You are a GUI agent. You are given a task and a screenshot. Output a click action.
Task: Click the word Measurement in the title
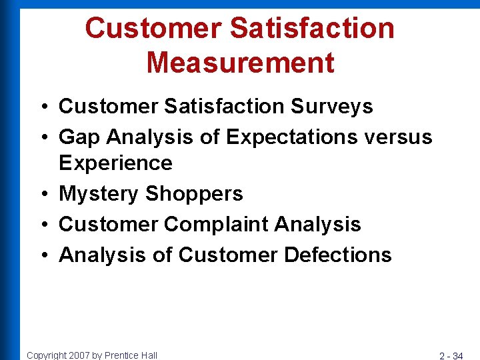point(240,62)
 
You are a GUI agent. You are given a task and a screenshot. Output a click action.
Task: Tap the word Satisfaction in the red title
point(313,28)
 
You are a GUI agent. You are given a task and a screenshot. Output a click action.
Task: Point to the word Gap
point(80,137)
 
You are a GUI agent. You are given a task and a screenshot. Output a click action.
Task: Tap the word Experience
point(115,163)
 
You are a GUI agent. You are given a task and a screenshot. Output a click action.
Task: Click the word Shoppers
point(194,194)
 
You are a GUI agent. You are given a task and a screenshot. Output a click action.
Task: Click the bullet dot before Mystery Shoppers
point(42,195)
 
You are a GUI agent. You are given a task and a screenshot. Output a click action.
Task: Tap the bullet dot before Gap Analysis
point(42,138)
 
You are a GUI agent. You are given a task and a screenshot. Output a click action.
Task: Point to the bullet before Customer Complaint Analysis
point(42,225)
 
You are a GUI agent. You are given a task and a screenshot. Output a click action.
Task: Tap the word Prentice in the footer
point(121,355)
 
